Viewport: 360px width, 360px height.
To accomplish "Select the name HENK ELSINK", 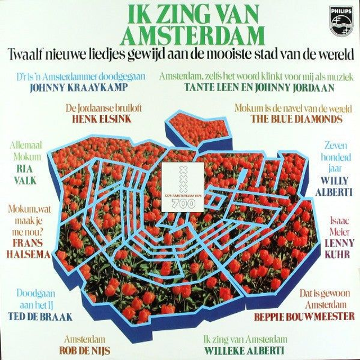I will point(94,119).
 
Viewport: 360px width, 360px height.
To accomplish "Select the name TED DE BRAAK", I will point(40,316).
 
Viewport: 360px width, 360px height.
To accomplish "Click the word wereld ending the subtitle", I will point(334,55).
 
